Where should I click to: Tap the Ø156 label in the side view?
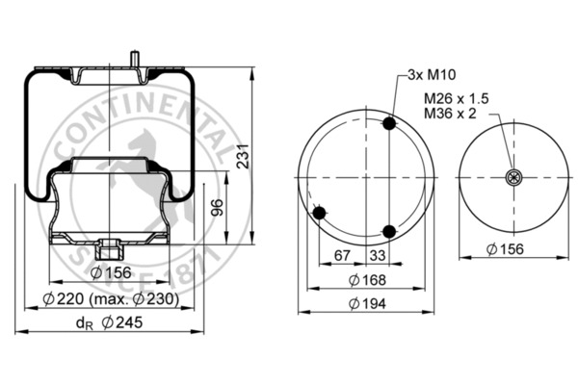coord(110,273)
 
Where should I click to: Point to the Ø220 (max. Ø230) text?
coord(112,299)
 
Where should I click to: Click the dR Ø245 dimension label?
coord(110,323)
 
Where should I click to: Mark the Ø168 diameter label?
coord(365,280)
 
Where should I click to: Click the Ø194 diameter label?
coord(365,304)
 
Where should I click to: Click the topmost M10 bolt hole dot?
coord(389,124)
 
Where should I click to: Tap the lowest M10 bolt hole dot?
coord(389,231)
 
